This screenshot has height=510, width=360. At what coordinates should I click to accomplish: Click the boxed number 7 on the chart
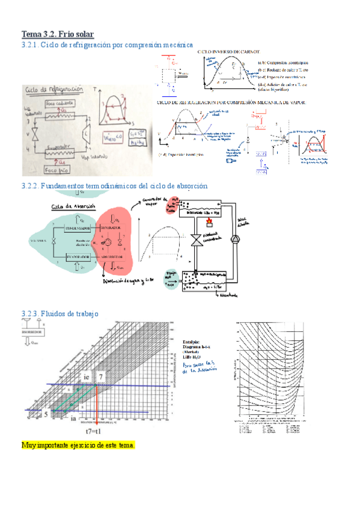pos(102,376)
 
